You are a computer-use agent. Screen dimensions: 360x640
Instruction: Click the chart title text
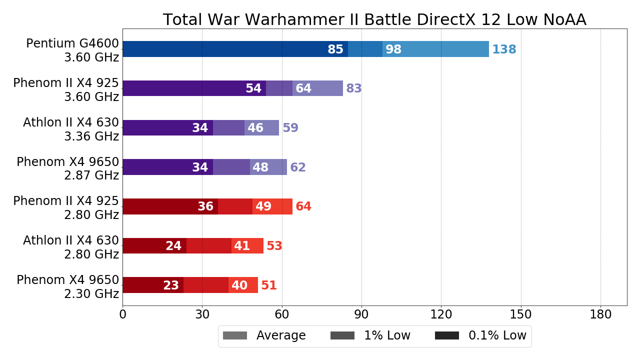click(374, 19)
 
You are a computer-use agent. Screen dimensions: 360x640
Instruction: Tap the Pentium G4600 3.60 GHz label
click(72, 50)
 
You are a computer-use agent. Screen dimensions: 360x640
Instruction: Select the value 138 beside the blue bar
click(504, 49)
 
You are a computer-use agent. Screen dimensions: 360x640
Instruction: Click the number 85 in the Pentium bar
click(335, 49)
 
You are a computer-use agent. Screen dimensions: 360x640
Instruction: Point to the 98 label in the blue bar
click(393, 49)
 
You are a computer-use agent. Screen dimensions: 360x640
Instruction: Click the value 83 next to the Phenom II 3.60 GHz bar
click(354, 88)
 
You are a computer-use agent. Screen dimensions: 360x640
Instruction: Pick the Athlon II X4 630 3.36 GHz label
click(71, 129)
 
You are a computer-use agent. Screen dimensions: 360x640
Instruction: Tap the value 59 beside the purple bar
click(290, 128)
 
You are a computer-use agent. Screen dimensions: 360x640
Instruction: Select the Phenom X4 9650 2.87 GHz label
click(68, 168)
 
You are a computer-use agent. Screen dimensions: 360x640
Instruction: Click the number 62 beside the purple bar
click(298, 167)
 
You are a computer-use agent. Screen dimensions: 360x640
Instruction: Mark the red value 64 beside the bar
click(303, 206)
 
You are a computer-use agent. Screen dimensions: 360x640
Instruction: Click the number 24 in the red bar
click(173, 246)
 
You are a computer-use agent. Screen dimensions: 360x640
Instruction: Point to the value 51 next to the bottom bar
click(269, 285)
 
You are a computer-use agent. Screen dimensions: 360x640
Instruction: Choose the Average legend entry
click(264, 335)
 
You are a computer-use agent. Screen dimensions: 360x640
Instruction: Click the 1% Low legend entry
click(370, 335)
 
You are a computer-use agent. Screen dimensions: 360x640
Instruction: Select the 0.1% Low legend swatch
click(447, 335)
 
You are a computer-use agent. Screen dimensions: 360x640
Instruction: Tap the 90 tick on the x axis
click(361, 314)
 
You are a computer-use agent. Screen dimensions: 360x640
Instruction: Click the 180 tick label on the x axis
click(600, 314)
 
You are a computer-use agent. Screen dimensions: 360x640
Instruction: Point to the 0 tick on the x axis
click(122, 314)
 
